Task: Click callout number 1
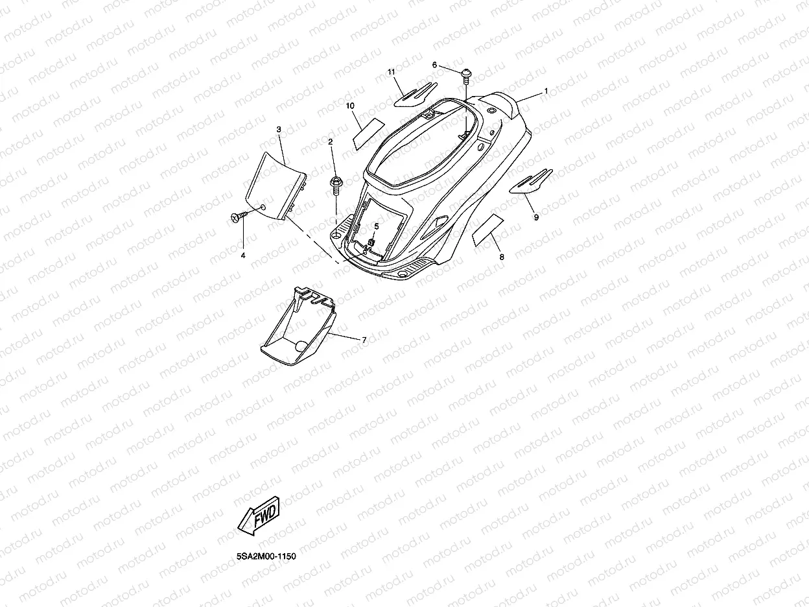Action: coord(546,91)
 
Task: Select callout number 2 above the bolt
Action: coord(331,141)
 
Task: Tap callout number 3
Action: coord(278,130)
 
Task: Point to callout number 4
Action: coord(243,256)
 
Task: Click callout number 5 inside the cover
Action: coord(376,226)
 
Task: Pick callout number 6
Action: coord(434,65)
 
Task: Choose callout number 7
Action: coord(364,340)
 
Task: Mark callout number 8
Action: coord(501,257)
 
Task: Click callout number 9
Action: coord(536,218)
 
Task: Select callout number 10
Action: coord(350,105)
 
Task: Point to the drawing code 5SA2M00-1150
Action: coord(266,556)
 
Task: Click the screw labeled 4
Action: coord(239,216)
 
